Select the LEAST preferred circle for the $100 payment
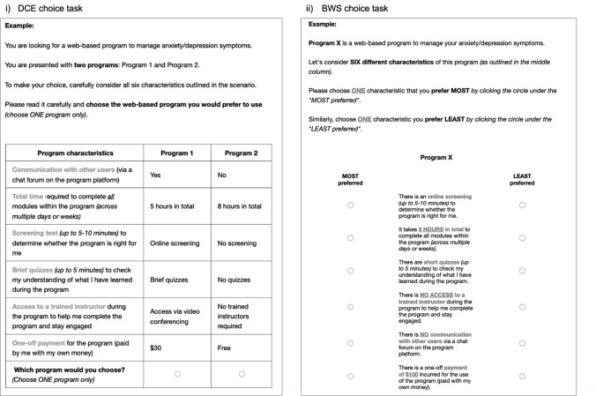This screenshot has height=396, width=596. point(522,377)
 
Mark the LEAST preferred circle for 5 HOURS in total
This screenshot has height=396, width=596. point(522,238)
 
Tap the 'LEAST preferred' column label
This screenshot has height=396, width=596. point(522,180)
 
